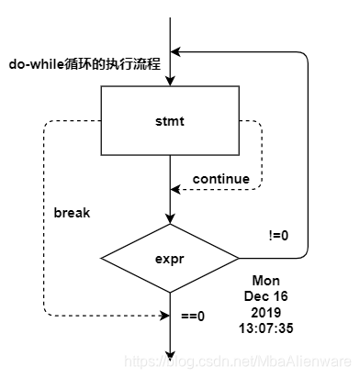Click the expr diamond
[x=170, y=259]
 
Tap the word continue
[x=221, y=177]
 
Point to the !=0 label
[x=253, y=235]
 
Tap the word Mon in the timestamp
[x=266, y=280]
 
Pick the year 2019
[x=266, y=311]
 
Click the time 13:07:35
[x=266, y=327]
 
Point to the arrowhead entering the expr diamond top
[x=170, y=218]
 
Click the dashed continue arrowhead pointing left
[x=176, y=192]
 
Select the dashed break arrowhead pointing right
[x=164, y=317]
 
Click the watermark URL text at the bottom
[x=236, y=363]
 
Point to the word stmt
[x=170, y=119]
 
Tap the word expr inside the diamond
[x=170, y=260]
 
